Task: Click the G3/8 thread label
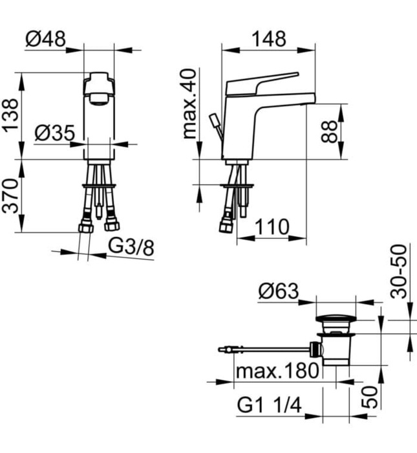131,247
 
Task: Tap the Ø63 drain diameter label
279,291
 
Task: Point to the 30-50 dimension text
400,271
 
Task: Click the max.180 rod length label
277,371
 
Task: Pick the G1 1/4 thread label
270,406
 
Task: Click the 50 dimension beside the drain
370,395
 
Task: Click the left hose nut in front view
85,227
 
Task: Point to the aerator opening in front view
99,98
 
